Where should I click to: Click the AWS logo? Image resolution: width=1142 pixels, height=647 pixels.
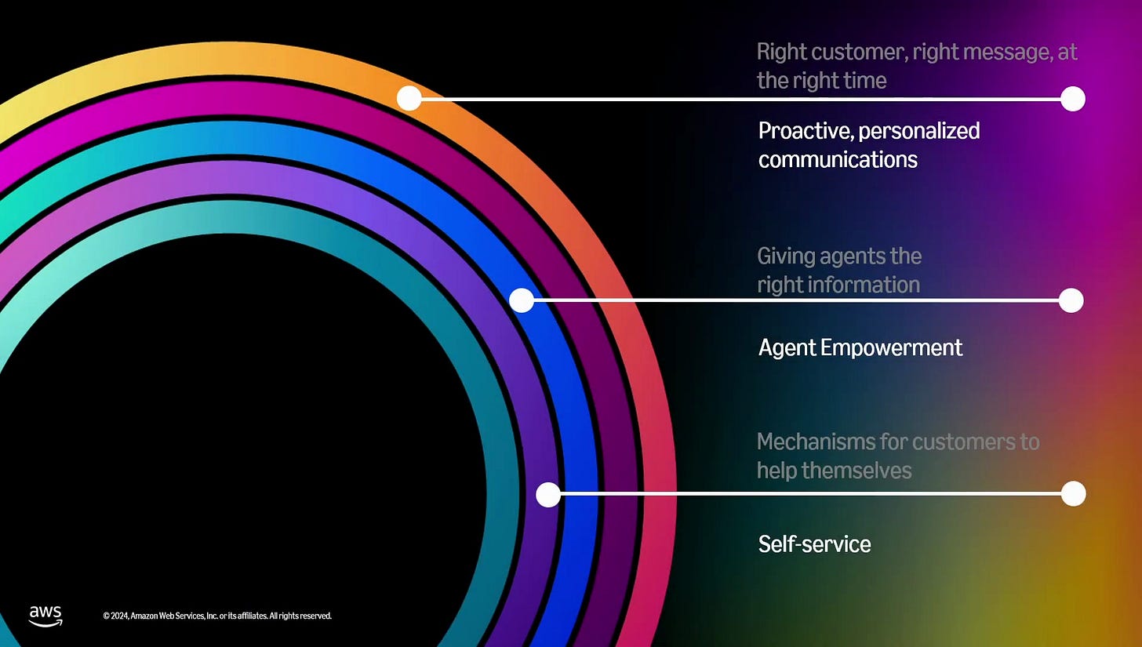(x=45, y=616)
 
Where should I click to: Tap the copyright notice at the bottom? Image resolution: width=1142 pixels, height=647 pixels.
(x=217, y=616)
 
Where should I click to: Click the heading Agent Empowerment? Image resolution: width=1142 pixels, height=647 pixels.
(x=860, y=347)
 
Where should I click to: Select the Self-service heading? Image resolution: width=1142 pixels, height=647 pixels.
(x=814, y=544)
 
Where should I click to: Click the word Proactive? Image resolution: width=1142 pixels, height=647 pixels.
(x=802, y=130)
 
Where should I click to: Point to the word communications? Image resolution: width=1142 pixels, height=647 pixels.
(x=837, y=159)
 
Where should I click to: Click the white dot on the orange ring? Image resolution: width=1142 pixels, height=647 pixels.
(x=409, y=98)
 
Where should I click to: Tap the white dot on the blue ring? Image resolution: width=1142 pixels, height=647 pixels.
(x=522, y=300)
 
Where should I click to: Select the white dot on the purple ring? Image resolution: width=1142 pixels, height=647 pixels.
(x=548, y=494)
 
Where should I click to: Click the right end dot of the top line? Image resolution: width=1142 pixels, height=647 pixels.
(x=1072, y=99)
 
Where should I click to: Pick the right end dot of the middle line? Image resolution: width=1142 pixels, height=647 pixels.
(x=1071, y=300)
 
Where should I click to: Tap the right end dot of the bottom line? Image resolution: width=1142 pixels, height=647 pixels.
(x=1073, y=493)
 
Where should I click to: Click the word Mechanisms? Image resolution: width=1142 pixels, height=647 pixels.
(x=814, y=442)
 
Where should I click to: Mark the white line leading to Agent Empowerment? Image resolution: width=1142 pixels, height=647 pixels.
(x=796, y=300)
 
